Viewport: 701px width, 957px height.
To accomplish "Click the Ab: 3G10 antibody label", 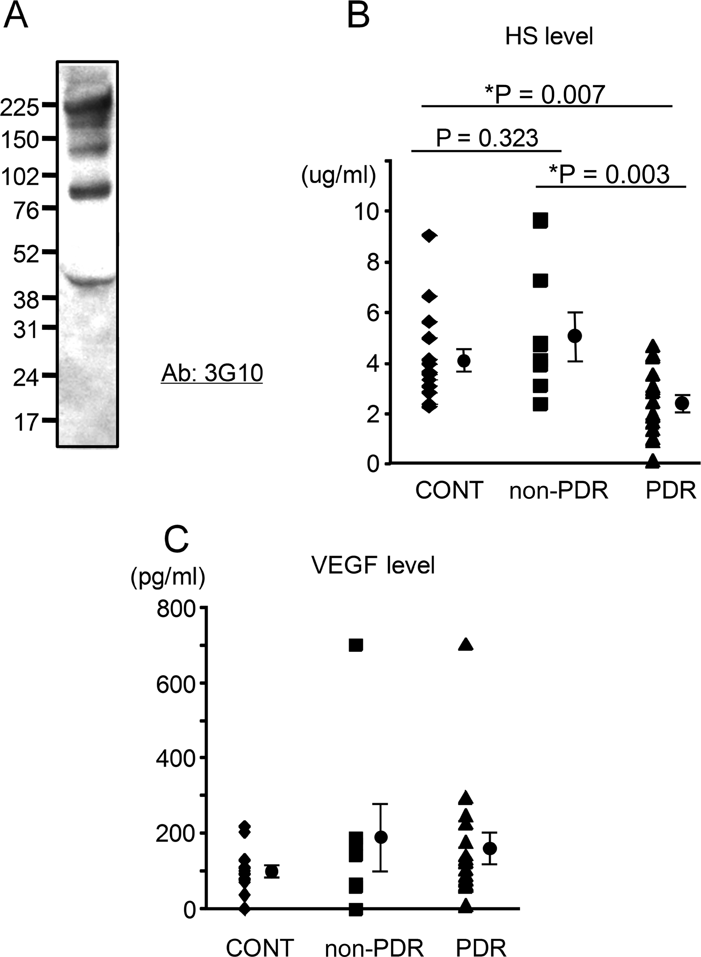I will pyautogui.click(x=212, y=374).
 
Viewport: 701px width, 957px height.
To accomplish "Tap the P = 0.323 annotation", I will pyautogui.click(x=487, y=138).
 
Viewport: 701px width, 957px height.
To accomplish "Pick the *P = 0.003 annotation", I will pyautogui.click(x=609, y=174).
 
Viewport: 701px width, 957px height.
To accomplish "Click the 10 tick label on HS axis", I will pyautogui.click(x=367, y=212).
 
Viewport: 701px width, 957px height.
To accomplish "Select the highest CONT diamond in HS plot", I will pyautogui.click(x=430, y=236).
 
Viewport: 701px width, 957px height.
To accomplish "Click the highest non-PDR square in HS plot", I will pyautogui.click(x=541, y=220).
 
